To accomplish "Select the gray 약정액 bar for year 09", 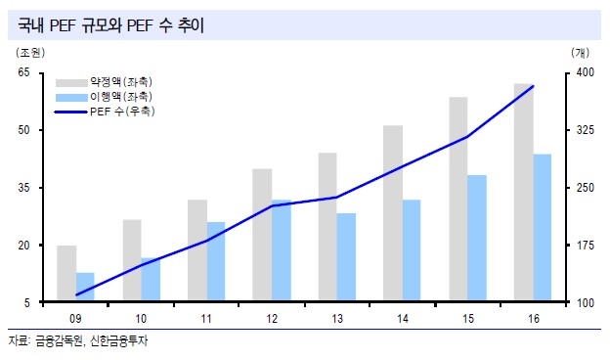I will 66,274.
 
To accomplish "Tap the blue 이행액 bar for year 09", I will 85,288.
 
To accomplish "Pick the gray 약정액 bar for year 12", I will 262,236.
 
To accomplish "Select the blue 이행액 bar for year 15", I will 477,239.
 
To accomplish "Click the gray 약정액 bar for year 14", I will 393,214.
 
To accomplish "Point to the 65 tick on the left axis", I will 26,73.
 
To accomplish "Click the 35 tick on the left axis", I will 26,188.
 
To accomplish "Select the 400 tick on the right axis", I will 585,73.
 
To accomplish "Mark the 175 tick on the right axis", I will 585,246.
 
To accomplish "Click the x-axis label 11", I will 206,318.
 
